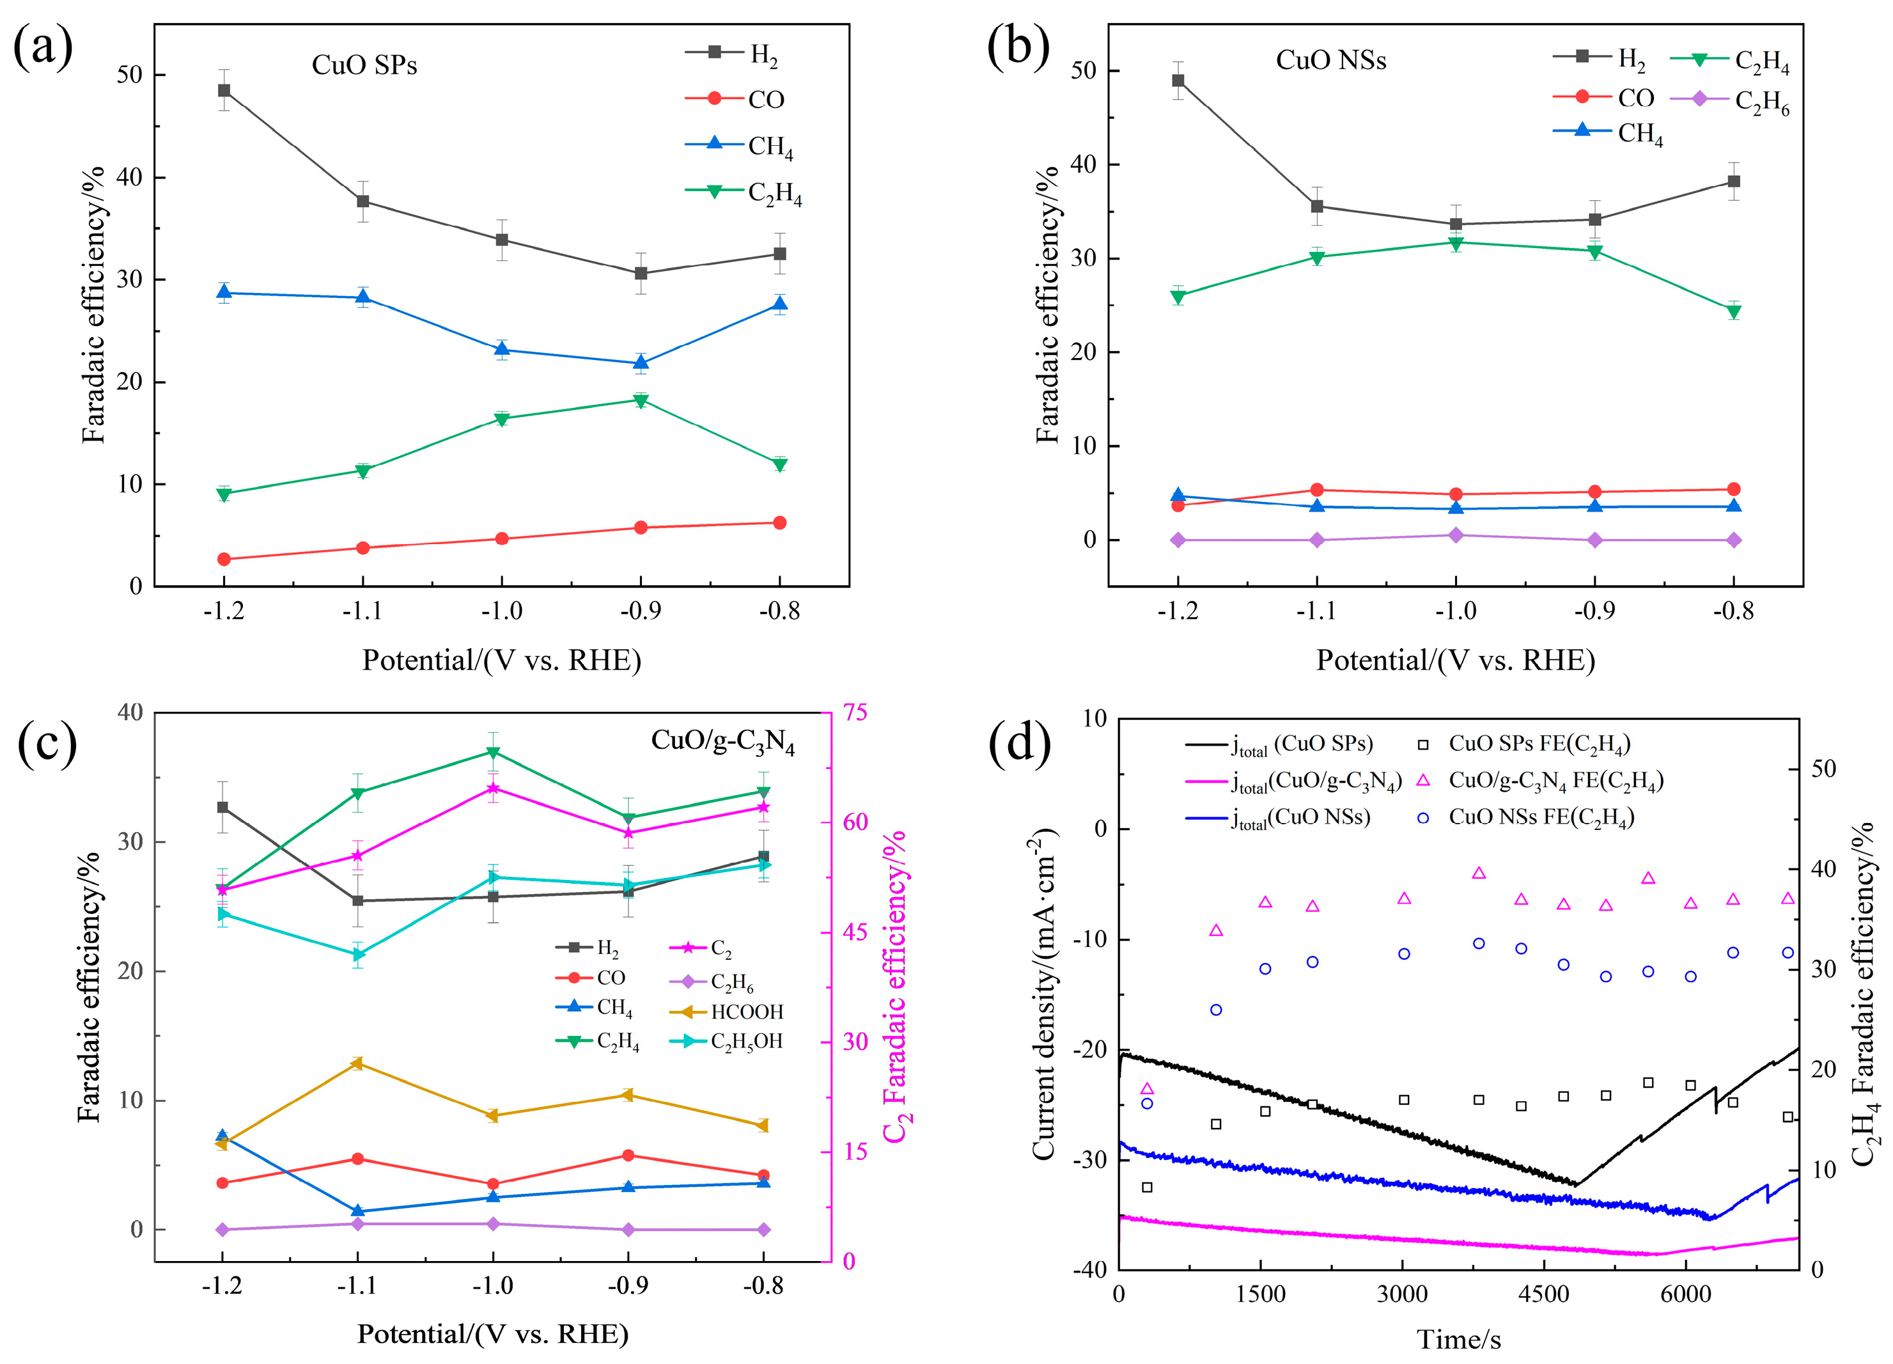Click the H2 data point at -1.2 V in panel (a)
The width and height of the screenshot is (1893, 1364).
tap(224, 90)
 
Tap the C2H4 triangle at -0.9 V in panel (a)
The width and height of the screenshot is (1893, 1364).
tap(641, 401)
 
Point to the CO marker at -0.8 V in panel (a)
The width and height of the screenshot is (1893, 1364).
tap(779, 522)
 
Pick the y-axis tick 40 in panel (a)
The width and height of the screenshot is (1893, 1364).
tap(129, 177)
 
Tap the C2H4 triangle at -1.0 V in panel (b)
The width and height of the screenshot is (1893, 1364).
tap(1456, 244)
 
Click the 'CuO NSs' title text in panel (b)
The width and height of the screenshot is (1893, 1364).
tap(1330, 60)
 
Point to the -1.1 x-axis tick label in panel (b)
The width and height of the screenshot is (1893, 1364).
tap(1316, 612)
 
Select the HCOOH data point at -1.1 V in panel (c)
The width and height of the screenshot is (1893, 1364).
tap(357, 1063)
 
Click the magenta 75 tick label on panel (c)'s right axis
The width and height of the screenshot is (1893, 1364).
tap(855, 712)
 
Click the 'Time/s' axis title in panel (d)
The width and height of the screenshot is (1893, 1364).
tap(1458, 1339)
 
